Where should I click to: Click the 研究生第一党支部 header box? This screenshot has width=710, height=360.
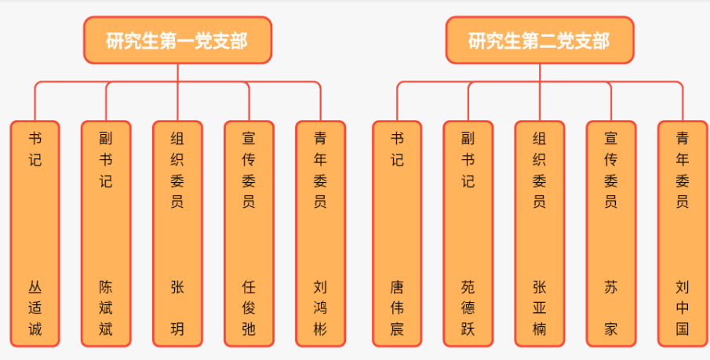[178, 40]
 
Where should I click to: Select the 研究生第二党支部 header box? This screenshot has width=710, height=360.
[540, 40]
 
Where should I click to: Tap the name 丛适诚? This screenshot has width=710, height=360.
[35, 307]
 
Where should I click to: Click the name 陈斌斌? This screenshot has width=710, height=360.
[106, 307]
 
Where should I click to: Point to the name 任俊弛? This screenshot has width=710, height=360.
[249, 307]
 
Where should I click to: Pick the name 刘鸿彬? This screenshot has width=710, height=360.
[320, 307]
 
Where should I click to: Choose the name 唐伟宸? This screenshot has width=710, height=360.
[397, 307]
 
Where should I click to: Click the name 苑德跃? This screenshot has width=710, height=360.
[468, 307]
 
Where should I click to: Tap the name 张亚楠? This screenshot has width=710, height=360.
[540, 307]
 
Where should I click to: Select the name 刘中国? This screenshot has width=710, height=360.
[682, 307]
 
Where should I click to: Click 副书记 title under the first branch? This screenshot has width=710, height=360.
[106, 160]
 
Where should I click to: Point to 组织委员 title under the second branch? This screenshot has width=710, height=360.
[540, 170]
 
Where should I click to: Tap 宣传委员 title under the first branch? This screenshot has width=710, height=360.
[249, 170]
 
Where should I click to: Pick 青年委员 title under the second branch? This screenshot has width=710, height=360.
[682, 170]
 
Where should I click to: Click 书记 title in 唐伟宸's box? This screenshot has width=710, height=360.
[397, 149]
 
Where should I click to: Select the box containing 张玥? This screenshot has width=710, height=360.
[177, 233]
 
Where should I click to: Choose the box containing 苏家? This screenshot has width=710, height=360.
[610, 233]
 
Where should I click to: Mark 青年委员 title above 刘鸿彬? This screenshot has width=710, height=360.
[320, 170]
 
